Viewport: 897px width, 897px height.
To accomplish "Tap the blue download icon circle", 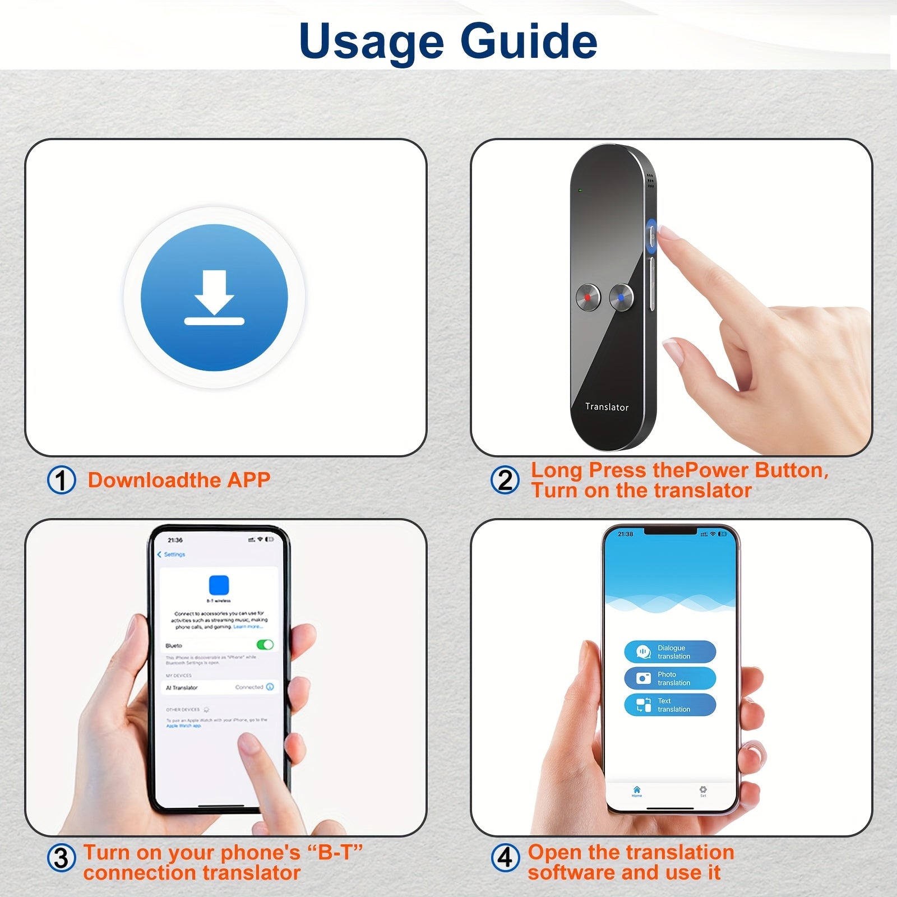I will tap(214, 298).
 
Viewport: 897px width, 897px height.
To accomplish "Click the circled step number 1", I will tap(62, 480).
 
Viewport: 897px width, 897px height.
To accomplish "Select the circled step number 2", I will tap(505, 480).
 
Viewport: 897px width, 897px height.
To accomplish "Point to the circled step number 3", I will tap(61, 858).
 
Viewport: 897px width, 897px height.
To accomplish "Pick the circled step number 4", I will tap(505, 858).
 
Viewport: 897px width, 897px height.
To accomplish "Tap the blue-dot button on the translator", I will tap(621, 297).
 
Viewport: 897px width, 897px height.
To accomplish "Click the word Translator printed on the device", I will tap(607, 407).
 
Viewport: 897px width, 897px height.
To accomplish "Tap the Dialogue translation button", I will tap(670, 652).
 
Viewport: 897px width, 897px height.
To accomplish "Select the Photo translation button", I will tap(670, 678).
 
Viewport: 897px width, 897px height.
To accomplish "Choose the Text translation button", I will tap(670, 705).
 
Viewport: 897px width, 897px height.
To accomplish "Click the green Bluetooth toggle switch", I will tap(265, 645).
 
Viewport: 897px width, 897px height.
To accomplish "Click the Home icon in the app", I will tap(637, 790).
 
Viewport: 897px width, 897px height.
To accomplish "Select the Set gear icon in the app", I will tap(703, 790).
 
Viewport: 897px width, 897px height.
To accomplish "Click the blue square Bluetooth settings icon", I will tap(219, 585).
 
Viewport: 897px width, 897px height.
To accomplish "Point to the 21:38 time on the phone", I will tap(625, 534).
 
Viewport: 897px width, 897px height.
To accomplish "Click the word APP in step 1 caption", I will tap(248, 480).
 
